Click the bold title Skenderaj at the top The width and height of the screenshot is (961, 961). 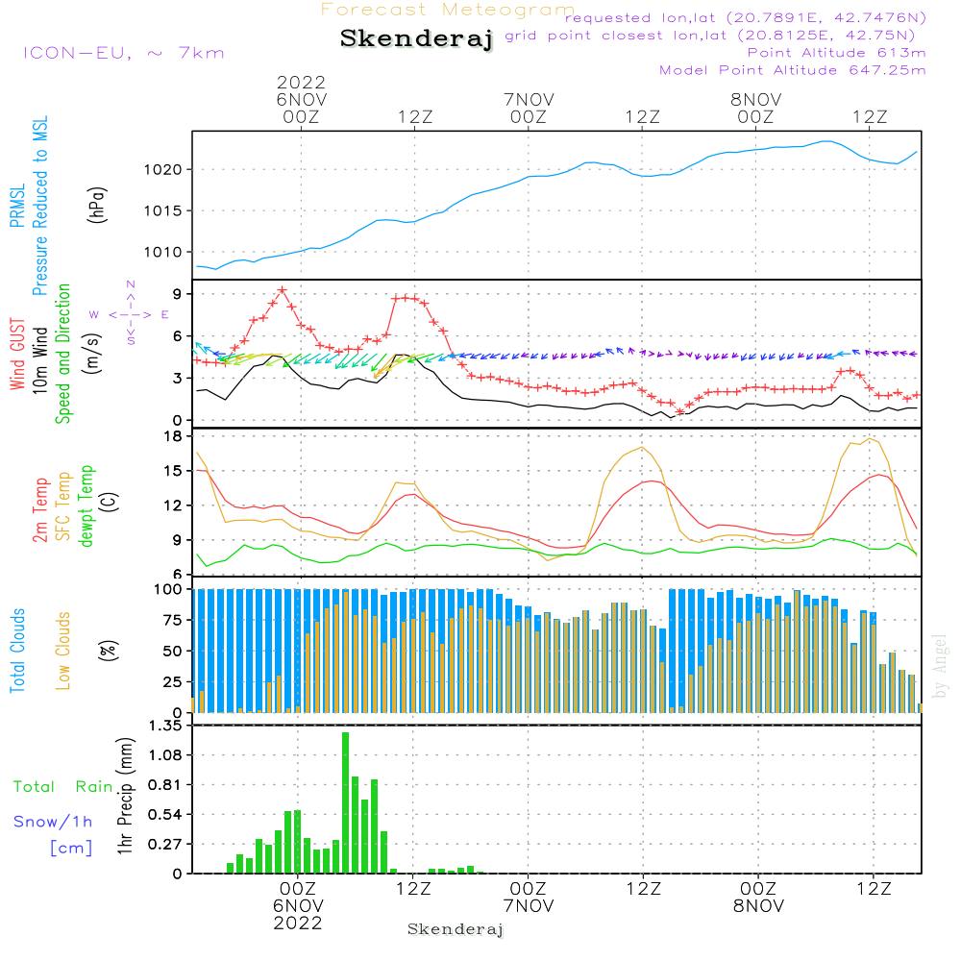[416, 39]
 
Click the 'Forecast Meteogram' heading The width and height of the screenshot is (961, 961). [448, 11]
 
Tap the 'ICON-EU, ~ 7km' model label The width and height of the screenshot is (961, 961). [123, 52]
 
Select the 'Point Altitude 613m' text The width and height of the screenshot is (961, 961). [836, 53]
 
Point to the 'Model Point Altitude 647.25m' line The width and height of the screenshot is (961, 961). [793, 70]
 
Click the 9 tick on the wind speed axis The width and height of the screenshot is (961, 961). [178, 294]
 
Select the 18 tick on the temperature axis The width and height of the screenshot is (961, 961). [174, 436]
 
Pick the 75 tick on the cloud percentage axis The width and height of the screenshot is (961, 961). [174, 621]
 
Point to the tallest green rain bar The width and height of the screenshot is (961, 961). [345, 802]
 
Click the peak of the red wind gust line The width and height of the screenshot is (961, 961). [282, 289]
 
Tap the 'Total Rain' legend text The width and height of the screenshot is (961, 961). [63, 787]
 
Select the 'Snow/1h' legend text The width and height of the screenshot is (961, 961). [54, 822]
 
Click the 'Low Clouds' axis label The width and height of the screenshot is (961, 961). [64, 650]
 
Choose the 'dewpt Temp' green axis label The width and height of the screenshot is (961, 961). [86, 506]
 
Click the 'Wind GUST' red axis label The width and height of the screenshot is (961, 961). [18, 355]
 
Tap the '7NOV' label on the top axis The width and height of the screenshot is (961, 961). [529, 99]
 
